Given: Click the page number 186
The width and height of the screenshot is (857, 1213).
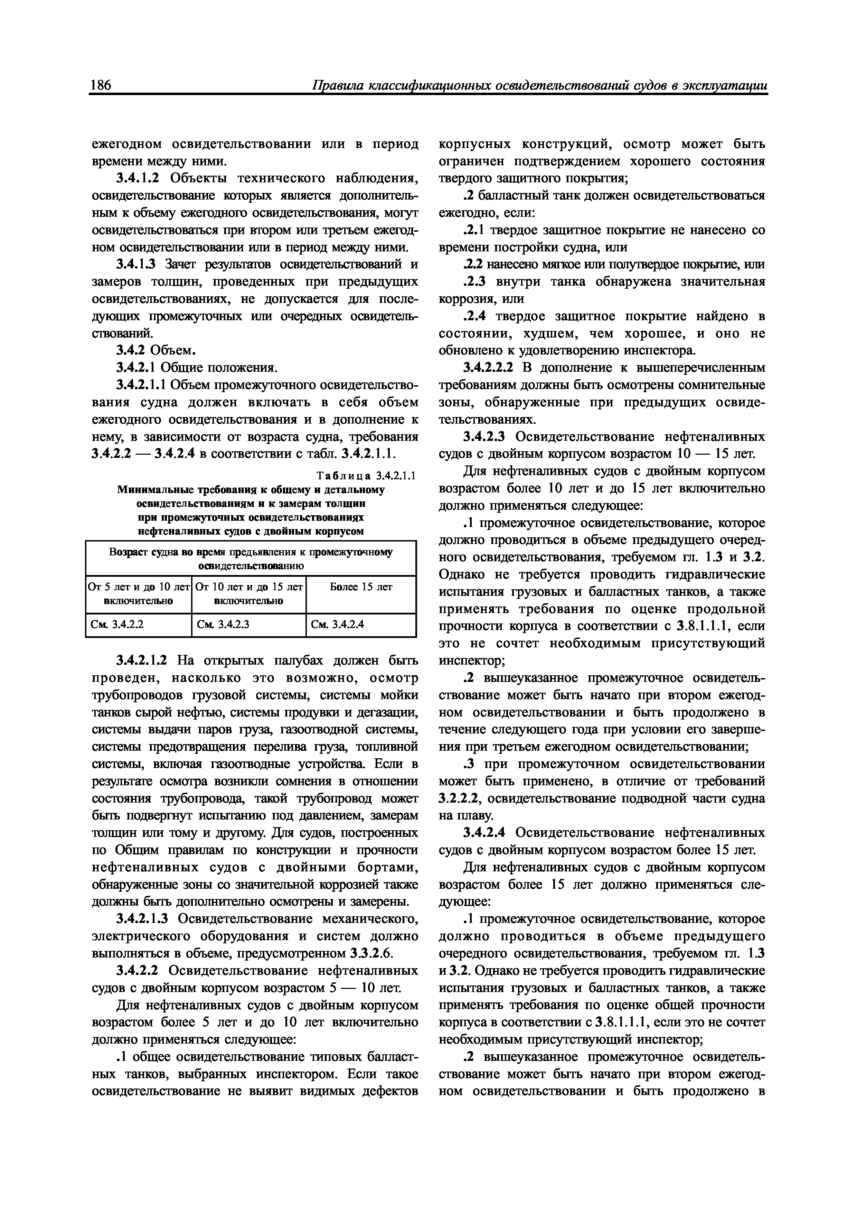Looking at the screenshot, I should tap(101, 85).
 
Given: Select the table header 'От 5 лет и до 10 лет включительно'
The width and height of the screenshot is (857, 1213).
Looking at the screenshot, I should tap(138, 594).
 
